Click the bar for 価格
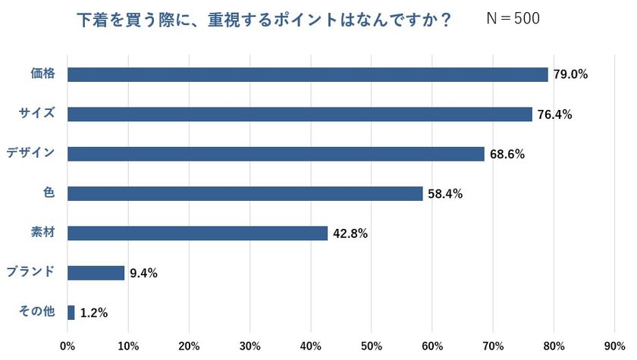(307, 74)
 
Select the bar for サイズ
(300, 114)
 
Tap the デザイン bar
(275, 154)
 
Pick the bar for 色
(245, 193)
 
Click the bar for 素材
(197, 233)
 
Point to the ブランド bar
(96, 273)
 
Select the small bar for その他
(71, 312)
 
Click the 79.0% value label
(570, 74)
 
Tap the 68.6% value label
(507, 154)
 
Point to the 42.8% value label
(350, 233)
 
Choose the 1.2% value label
(94, 312)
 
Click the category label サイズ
(36, 114)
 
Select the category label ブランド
(30, 272)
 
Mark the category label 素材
(43, 233)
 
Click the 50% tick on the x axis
(371, 346)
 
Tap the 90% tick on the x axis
(614, 346)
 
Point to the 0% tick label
(67, 346)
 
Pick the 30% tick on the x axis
(249, 346)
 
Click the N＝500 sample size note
(513, 19)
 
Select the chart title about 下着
(265, 20)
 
